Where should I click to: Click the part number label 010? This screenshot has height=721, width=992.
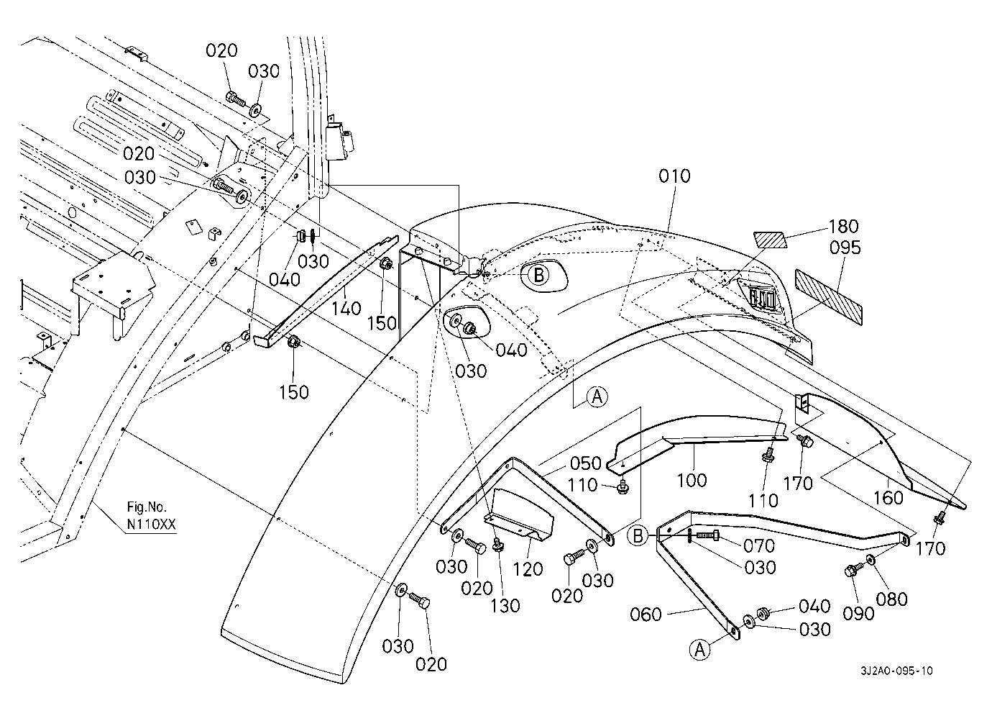(674, 176)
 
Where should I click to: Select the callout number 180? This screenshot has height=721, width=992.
(843, 227)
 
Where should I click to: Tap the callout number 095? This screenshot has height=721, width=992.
(845, 248)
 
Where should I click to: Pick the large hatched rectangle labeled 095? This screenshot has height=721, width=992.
(828, 294)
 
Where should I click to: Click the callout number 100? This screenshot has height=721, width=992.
(692, 479)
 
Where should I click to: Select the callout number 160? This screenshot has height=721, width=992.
(888, 497)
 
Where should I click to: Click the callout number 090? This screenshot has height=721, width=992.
(858, 613)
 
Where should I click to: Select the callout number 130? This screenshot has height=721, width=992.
(505, 606)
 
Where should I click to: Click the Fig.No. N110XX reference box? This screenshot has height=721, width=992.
(150, 517)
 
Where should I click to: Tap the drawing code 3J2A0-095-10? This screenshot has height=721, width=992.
(897, 671)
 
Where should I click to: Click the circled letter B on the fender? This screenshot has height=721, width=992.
(538, 274)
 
